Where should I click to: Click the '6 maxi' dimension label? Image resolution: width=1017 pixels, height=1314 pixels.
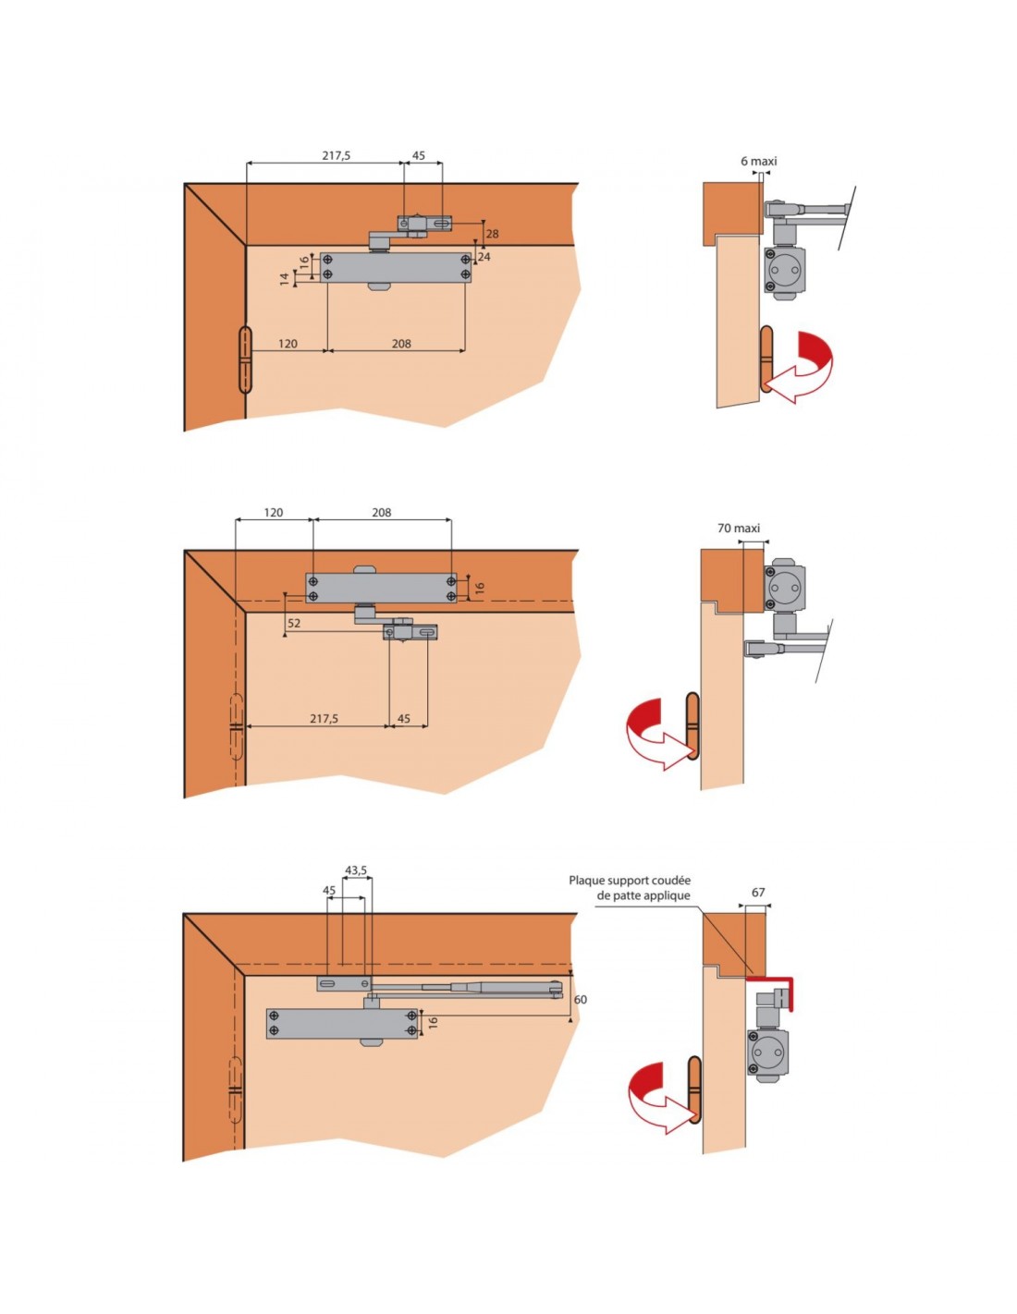pyautogui.click(x=758, y=161)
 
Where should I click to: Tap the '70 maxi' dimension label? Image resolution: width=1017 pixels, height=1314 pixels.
pyautogui.click(x=738, y=529)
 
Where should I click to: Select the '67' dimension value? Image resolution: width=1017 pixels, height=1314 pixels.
pyautogui.click(x=758, y=893)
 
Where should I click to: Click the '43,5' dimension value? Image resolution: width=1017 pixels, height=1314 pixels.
pyautogui.click(x=355, y=870)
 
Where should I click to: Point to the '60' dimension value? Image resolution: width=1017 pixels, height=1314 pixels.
pyautogui.click(x=580, y=1000)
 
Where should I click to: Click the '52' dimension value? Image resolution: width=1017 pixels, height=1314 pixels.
pyautogui.click(x=294, y=624)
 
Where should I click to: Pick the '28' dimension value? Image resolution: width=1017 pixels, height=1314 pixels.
pyautogui.click(x=492, y=234)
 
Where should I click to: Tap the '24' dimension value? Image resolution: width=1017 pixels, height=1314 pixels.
pyautogui.click(x=484, y=257)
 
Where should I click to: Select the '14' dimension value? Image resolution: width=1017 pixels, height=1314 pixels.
pyautogui.click(x=285, y=278)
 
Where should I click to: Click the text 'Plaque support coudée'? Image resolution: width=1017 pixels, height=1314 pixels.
pyautogui.click(x=630, y=881)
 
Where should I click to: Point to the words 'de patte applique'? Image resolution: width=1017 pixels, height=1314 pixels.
pyautogui.click(x=643, y=895)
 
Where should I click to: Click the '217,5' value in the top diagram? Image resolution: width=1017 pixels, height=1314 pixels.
pyautogui.click(x=336, y=156)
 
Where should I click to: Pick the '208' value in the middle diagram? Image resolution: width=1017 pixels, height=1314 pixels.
pyautogui.click(x=381, y=512)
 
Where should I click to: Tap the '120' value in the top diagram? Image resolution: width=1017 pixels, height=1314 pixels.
pyautogui.click(x=288, y=344)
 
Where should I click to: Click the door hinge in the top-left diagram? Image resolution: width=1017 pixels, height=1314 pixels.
pyautogui.click(x=244, y=359)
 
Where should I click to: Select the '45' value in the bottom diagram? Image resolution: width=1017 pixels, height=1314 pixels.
pyautogui.click(x=329, y=891)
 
